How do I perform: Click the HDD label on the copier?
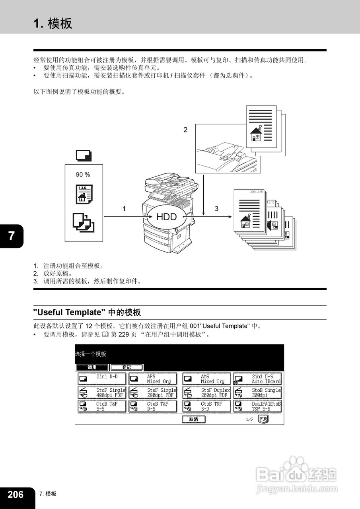tap(166, 217)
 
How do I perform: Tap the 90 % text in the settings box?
tap(83, 174)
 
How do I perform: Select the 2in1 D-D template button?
tap(102, 379)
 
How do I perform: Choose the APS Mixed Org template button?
tap(153, 379)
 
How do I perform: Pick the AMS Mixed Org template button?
tap(206, 379)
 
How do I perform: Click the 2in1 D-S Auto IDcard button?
tap(257, 379)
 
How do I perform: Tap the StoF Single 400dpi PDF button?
tap(102, 393)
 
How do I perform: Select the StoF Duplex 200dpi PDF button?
tap(206, 393)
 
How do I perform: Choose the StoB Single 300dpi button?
tap(257, 393)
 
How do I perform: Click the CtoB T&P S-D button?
tap(206, 406)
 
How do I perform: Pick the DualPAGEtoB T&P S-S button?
tap(257, 406)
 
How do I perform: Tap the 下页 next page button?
tap(263, 419)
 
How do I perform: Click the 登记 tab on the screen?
tap(126, 367)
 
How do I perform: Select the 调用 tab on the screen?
tap(92, 367)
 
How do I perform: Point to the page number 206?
tap(16, 494)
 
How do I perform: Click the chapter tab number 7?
tap(11, 236)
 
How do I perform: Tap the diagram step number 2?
tap(185, 129)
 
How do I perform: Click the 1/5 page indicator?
tap(249, 420)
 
